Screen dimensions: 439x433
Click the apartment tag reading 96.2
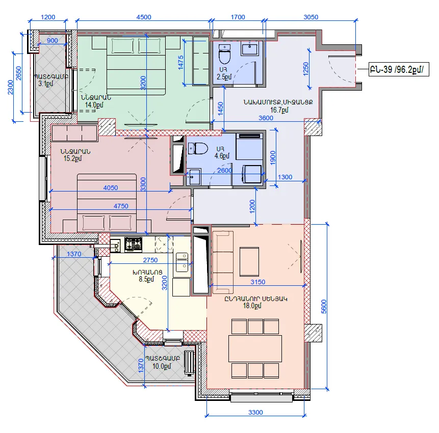coord(399,69)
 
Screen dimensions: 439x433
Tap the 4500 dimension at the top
coord(144,17)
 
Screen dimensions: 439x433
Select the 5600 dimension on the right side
coord(324,306)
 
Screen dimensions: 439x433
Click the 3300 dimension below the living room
coord(255,412)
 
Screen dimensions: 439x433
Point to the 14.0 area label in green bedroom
coord(94,105)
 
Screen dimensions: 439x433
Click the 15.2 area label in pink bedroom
coord(72,158)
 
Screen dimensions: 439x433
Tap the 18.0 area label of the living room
coord(252,306)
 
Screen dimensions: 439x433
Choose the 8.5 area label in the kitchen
coord(146,279)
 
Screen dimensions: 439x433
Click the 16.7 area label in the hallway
coord(279,110)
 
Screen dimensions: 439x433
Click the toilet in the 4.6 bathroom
coord(198,149)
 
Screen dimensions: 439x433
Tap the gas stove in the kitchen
coord(133,244)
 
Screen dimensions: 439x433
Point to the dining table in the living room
coord(255,349)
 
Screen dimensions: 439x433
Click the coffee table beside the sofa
coord(249,262)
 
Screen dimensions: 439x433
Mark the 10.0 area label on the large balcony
coord(162,366)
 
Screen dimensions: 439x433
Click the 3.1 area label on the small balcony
coord(46,84)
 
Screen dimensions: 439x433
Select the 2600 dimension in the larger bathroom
coord(224,170)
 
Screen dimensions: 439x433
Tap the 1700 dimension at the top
coord(238,17)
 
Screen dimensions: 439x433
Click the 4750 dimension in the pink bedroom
coord(121,206)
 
